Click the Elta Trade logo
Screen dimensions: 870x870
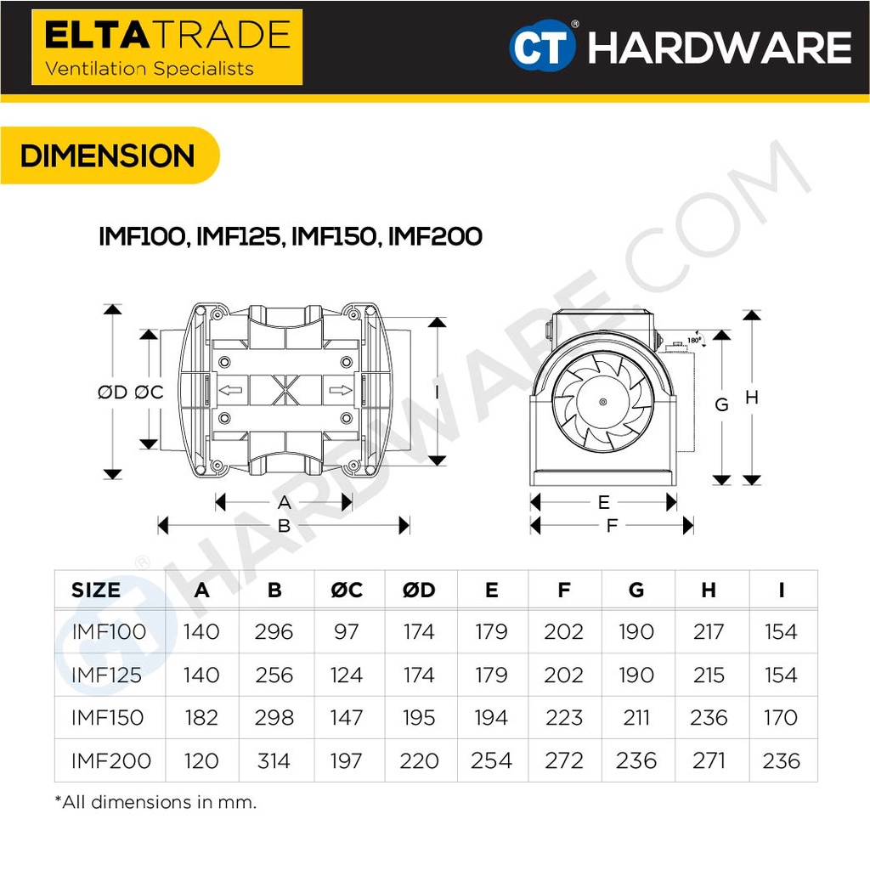[167, 48]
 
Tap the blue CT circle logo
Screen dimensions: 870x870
[541, 46]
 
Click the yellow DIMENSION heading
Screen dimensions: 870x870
[108, 155]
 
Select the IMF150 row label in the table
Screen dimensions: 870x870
[108, 717]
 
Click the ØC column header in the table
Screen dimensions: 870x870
[347, 590]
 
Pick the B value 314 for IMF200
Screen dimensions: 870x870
[274, 760]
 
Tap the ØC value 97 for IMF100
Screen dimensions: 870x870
[347, 631]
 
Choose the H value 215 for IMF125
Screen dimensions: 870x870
[709, 675]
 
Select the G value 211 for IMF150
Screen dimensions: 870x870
[636, 717]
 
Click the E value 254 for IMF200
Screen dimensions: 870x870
[491, 760]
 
